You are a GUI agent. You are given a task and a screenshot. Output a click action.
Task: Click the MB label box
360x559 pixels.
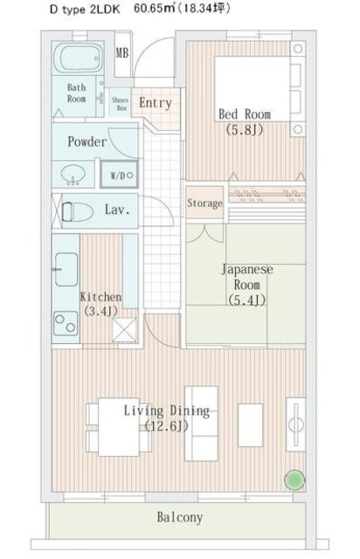coord(123,52)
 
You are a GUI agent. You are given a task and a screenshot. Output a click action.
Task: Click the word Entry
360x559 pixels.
coord(156,103)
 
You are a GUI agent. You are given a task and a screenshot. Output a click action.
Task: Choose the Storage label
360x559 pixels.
coord(204,204)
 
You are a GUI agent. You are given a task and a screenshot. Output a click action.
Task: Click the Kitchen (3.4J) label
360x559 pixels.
coord(101,303)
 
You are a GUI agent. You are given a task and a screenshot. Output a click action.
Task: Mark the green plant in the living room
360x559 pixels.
coord(294,478)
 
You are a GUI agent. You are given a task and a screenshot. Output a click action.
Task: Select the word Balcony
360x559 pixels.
coord(179,517)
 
